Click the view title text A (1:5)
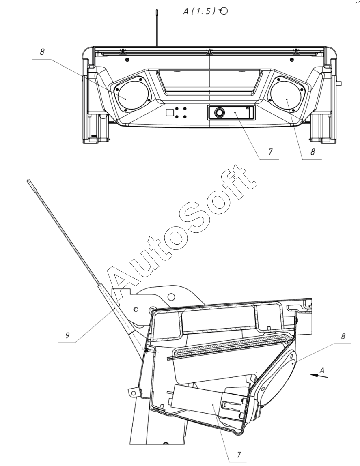click(x=199, y=11)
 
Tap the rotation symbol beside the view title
click(x=223, y=11)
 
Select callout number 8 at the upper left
click(x=42, y=52)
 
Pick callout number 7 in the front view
click(x=270, y=152)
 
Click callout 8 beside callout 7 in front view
click(x=313, y=152)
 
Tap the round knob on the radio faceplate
click(x=220, y=113)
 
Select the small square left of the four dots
click(x=169, y=112)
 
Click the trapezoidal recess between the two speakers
click(x=209, y=82)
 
